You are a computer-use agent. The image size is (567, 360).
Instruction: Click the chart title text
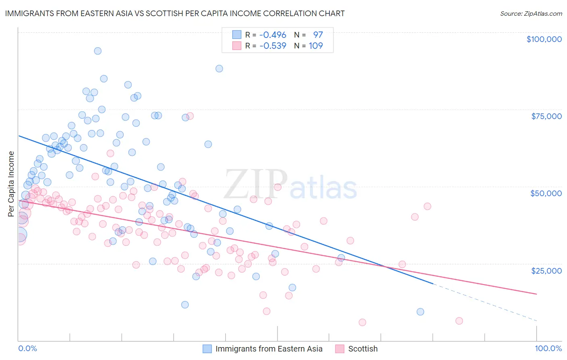(x=175, y=13)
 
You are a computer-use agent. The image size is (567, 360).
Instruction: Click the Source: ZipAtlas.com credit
(x=531, y=14)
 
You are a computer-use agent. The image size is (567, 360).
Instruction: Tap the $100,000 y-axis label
(x=544, y=39)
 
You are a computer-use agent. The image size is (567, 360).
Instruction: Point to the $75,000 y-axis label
(x=546, y=116)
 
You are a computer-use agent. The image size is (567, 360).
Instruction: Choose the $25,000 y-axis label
(x=546, y=270)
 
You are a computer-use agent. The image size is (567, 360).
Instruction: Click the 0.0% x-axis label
(x=27, y=348)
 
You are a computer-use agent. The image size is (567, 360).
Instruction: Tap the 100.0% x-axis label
(x=548, y=348)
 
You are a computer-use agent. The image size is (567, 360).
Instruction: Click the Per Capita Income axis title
(x=11, y=184)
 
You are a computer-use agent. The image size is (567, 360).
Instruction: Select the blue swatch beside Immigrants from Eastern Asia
(x=207, y=349)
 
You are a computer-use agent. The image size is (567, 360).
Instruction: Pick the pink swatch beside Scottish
(x=340, y=349)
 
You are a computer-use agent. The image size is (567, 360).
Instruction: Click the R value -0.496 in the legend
(x=273, y=35)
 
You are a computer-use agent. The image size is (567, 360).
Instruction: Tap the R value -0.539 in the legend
(x=273, y=46)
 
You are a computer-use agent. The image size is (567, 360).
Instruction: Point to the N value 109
(x=316, y=46)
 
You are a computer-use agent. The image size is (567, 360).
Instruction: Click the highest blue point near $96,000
(x=98, y=51)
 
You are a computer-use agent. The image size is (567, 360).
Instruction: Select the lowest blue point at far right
(x=420, y=312)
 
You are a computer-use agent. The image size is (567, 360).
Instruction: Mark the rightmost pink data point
(x=459, y=321)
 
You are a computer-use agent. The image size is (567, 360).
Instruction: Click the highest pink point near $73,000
(x=190, y=116)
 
